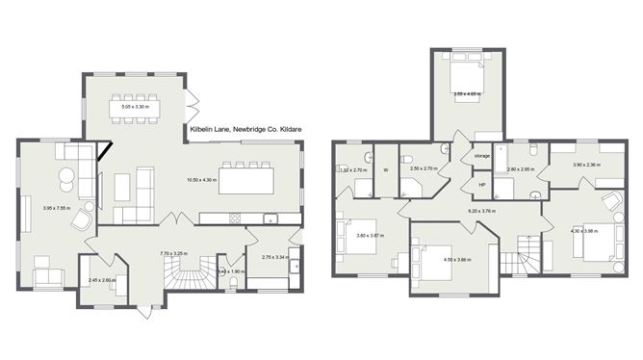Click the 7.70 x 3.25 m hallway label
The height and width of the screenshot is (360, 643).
point(173,254)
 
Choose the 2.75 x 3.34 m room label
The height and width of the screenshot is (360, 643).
point(269,258)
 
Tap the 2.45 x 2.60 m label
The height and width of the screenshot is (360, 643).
point(102,280)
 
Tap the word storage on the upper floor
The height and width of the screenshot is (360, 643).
point(481,155)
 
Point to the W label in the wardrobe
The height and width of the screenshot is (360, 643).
point(385,170)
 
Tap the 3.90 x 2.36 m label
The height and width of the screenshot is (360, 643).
point(586,165)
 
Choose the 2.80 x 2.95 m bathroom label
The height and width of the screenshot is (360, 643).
point(521,169)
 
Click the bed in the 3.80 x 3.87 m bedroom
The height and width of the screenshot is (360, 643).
point(348,236)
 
